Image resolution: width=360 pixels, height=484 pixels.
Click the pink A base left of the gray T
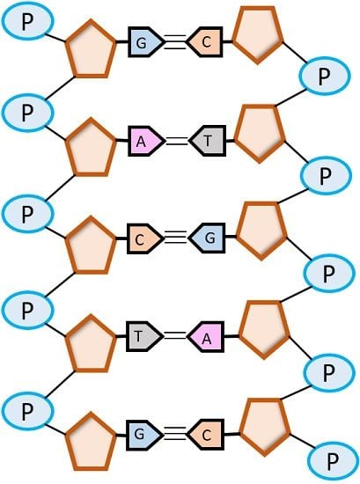(x=144, y=141)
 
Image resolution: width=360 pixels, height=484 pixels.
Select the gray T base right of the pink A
(x=208, y=141)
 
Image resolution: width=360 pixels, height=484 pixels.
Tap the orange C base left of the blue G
(x=143, y=238)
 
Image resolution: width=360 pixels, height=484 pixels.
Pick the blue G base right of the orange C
(x=208, y=238)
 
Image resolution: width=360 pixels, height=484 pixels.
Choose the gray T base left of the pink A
(x=143, y=336)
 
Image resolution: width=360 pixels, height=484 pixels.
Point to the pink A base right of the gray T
(x=206, y=337)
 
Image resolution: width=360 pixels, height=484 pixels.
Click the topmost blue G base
(x=144, y=42)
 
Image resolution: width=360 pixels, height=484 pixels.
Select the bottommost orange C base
(x=206, y=435)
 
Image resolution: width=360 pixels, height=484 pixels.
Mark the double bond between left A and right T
(x=176, y=141)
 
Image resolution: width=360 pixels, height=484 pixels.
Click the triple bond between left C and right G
(x=176, y=237)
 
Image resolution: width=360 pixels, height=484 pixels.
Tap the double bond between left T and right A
(x=175, y=336)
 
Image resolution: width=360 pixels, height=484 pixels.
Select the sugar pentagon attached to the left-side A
(x=91, y=148)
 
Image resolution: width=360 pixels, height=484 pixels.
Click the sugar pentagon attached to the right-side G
(x=261, y=231)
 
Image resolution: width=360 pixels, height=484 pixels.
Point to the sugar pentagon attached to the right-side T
(x=260, y=134)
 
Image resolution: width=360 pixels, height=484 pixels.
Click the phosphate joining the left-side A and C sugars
(x=28, y=213)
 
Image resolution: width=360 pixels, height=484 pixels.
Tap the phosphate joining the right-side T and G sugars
(x=326, y=175)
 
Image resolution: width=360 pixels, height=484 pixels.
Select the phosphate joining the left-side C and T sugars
(x=28, y=310)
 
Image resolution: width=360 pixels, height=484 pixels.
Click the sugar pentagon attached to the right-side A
(x=264, y=329)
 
